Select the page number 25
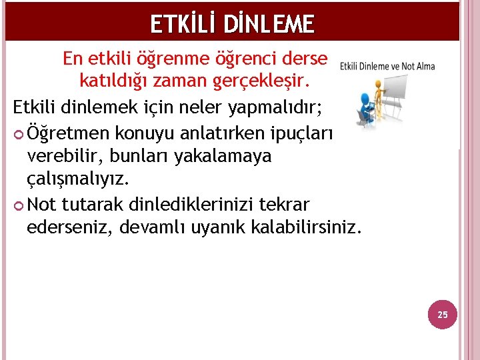click(443, 314)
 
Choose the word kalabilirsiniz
click(306, 227)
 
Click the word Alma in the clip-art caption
click(424, 65)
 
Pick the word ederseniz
click(69, 227)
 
